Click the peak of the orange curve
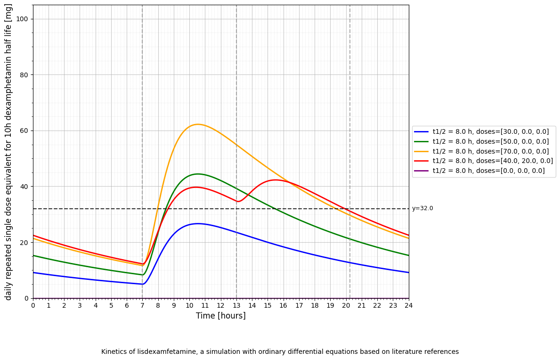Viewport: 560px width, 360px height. click(x=197, y=124)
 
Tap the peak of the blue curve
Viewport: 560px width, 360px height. click(x=198, y=224)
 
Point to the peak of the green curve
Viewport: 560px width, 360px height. click(x=198, y=174)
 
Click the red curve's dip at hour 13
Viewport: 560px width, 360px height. click(x=238, y=202)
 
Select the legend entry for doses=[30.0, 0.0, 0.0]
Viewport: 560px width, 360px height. click(x=490, y=132)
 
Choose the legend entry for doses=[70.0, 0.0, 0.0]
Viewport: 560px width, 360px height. click(x=490, y=151)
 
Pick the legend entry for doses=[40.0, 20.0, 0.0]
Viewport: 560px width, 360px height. click(x=493, y=161)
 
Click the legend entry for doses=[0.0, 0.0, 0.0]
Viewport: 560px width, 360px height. click(x=488, y=171)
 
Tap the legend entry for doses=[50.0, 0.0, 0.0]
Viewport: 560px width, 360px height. click(x=490, y=141)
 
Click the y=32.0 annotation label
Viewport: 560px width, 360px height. click(x=422, y=209)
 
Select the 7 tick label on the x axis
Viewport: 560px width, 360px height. click(x=142, y=305)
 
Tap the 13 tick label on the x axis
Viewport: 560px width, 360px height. click(x=236, y=305)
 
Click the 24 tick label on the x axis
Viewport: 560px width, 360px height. click(x=408, y=305)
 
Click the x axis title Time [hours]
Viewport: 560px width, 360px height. click(x=220, y=316)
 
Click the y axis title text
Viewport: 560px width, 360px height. click(x=9, y=152)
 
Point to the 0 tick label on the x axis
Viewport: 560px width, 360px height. click(x=33, y=305)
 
